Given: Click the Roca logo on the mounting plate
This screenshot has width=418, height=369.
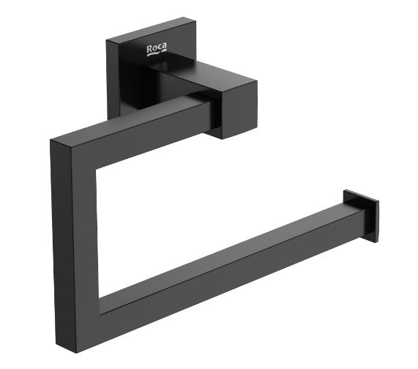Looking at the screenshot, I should click(156, 50).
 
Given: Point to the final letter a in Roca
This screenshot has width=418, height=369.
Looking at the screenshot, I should click(163, 48).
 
